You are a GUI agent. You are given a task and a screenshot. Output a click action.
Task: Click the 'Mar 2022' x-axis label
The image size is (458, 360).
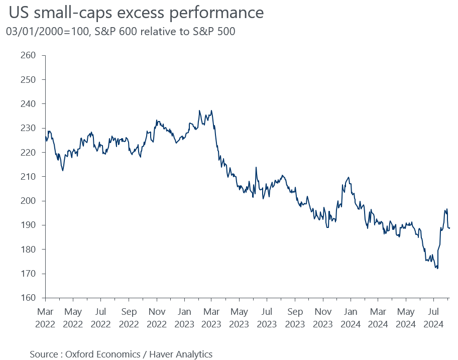click(45, 317)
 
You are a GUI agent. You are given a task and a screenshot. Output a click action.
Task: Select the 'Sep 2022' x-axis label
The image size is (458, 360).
click(129, 317)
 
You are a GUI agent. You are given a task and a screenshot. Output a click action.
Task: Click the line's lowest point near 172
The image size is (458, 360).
click(437, 269)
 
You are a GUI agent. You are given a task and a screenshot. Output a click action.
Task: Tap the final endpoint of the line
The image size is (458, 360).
click(449, 228)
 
